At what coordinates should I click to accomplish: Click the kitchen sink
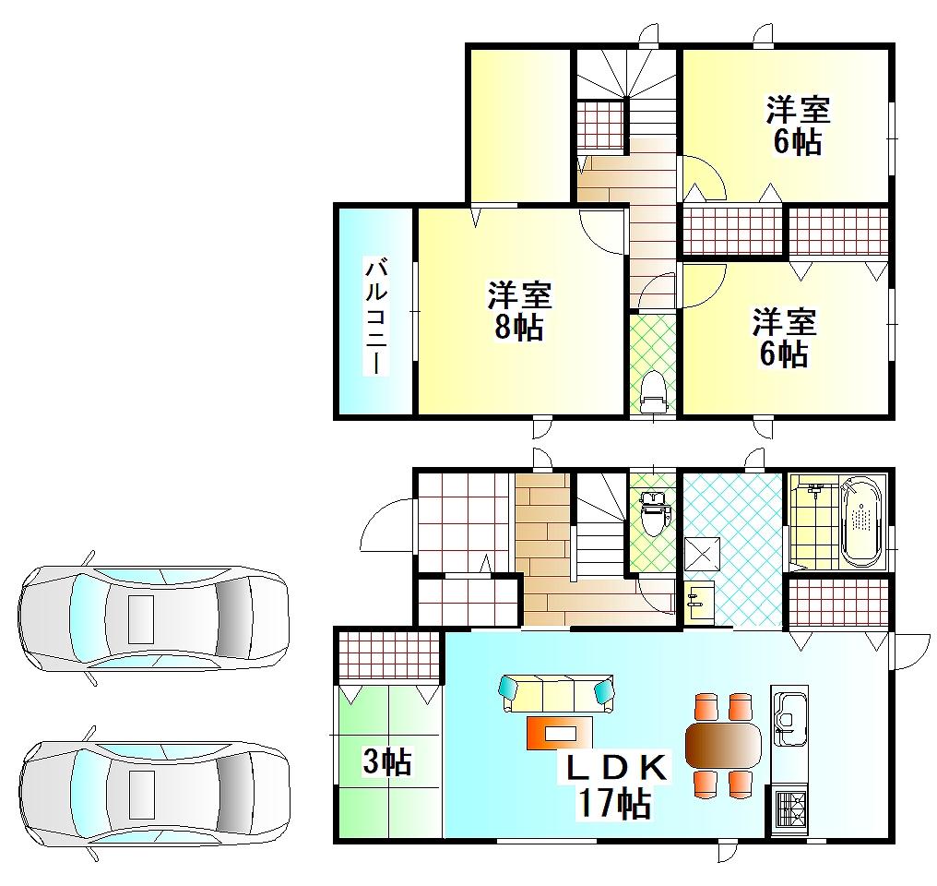point(789,714)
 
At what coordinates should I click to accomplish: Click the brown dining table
point(724,744)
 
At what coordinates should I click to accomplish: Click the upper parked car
point(152,616)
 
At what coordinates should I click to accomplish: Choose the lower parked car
point(152,793)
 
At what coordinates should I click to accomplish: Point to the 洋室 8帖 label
point(518,311)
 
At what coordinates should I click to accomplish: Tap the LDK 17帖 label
point(614,786)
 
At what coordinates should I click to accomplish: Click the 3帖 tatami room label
point(386,762)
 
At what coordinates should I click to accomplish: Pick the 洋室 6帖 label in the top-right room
point(798,126)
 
